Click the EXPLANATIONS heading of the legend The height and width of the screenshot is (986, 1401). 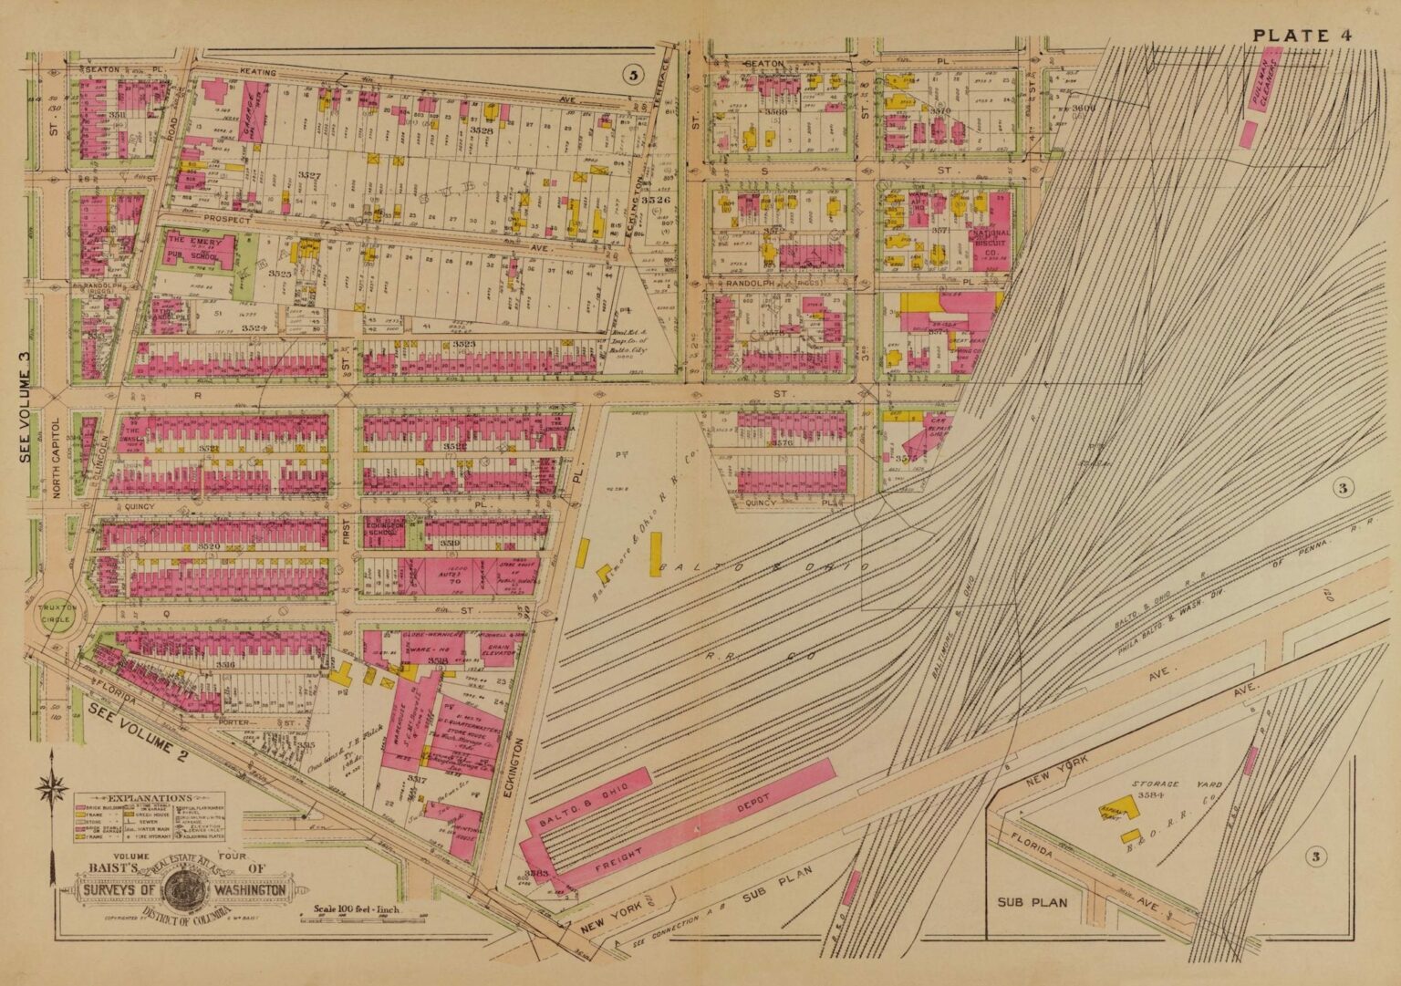click(x=137, y=796)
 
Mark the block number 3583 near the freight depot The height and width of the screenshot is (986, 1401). click(x=535, y=873)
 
